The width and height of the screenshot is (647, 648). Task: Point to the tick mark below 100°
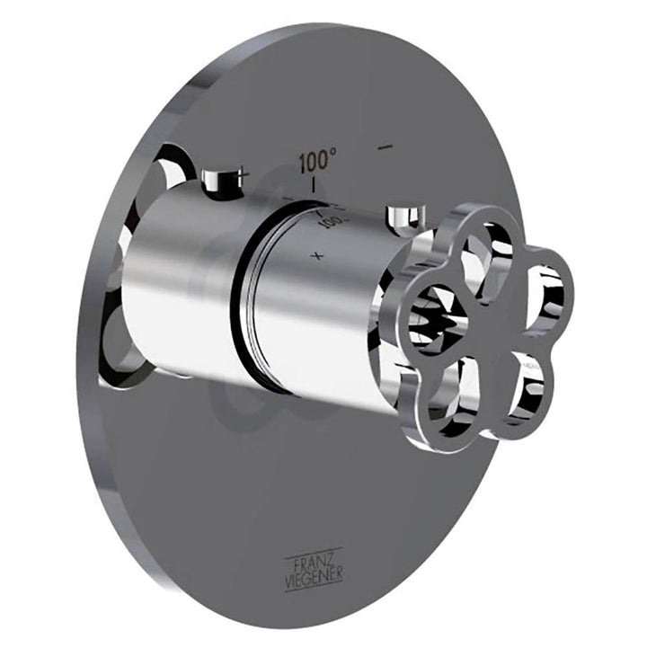pyautogui.click(x=315, y=184)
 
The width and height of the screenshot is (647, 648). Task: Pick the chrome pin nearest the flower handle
pyautogui.click(x=403, y=216)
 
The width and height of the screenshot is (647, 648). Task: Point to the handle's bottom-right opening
pyautogui.click(x=521, y=382)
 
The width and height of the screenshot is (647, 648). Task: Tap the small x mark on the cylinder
pyautogui.click(x=316, y=256)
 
